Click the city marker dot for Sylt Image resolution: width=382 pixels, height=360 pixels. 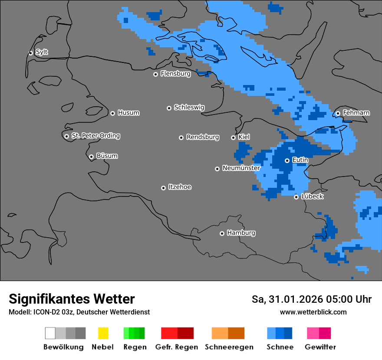pyautogui.click(x=31, y=53)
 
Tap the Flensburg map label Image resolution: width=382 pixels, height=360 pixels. pyautogui.click(x=175, y=74)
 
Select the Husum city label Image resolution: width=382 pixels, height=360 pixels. pyautogui.click(x=128, y=113)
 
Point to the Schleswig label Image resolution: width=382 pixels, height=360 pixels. pyautogui.click(x=189, y=107)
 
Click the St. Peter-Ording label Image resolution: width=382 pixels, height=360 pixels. pyautogui.click(x=95, y=136)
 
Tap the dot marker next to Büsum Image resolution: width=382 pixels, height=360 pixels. pyautogui.click(x=91, y=157)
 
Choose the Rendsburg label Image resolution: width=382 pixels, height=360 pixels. pyautogui.click(x=202, y=137)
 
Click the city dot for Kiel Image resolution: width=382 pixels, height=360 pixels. pyautogui.click(x=233, y=137)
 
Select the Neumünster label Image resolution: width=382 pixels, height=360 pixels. pyautogui.click(x=241, y=168)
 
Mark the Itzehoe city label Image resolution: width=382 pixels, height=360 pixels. pyautogui.click(x=180, y=187)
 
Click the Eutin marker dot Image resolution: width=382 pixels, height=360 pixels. pyautogui.click(x=287, y=160)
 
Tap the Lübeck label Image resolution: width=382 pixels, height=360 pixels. pyautogui.click(x=312, y=196)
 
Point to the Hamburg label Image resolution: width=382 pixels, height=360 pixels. pyautogui.click(x=241, y=233)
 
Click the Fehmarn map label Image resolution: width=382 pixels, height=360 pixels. pyautogui.click(x=356, y=113)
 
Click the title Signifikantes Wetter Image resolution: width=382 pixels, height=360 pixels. pyautogui.click(x=72, y=299)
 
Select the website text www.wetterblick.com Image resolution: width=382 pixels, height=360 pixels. pyautogui.click(x=313, y=312)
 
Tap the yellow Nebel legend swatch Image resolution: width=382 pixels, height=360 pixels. pyautogui.click(x=103, y=333)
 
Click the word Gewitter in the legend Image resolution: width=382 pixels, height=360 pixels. pyautogui.click(x=320, y=347)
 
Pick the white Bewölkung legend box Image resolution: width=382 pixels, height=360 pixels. pyautogui.click(x=50, y=333)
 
